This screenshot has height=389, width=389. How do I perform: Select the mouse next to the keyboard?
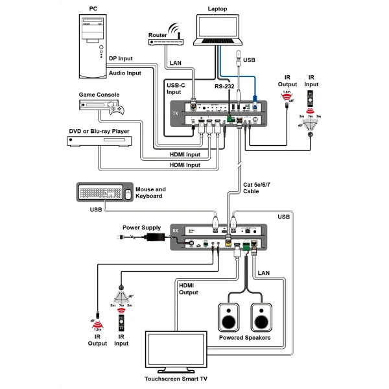click(128, 193)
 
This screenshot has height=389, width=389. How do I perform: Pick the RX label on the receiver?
click(175, 231)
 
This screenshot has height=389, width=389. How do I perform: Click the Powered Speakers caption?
click(244, 338)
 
